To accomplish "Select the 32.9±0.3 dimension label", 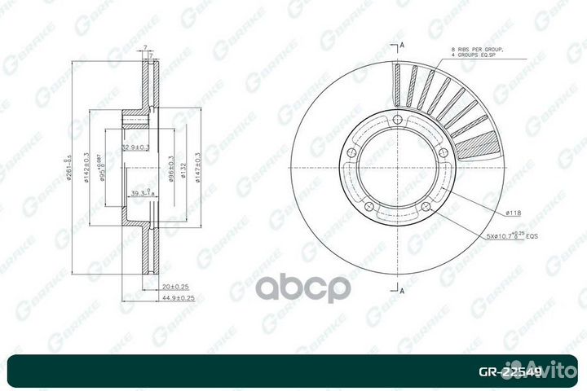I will pyautogui.click(x=135, y=147).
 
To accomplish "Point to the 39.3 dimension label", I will pyautogui.click(x=143, y=194).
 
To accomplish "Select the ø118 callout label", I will pyautogui.click(x=513, y=213).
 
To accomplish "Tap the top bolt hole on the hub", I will pyautogui.click(x=397, y=123).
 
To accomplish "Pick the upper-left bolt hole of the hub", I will pyautogui.click(x=354, y=152).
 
